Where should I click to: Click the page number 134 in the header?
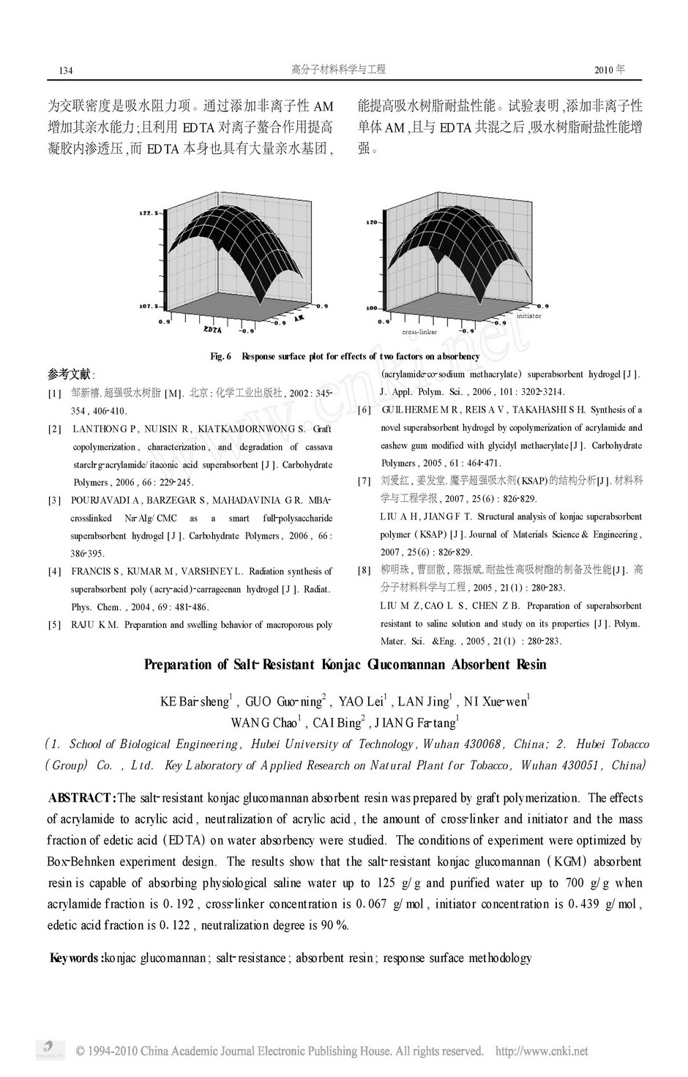click(65, 70)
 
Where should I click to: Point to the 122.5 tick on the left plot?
click(149, 212)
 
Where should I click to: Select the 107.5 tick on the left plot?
click(149, 306)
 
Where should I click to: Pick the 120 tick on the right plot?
click(371, 221)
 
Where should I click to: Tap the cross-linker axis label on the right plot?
click(419, 332)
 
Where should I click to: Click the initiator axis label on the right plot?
click(528, 316)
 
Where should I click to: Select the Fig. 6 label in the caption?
click(220, 356)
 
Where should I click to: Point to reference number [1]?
click(55, 393)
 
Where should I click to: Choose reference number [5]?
click(55, 625)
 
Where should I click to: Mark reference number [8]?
click(364, 570)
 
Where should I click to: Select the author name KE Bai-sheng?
click(195, 702)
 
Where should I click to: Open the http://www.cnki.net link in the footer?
click(542, 1051)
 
